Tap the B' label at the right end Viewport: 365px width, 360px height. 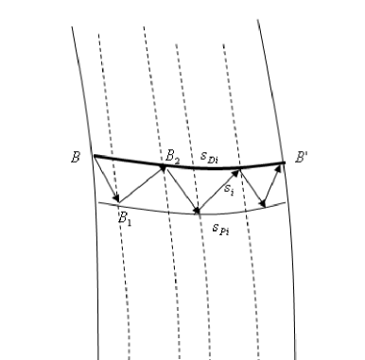(301, 157)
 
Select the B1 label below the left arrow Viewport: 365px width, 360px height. (124, 216)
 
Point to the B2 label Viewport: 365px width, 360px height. (173, 154)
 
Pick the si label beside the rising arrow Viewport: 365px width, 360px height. (229, 189)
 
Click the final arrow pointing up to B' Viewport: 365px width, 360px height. (274, 182)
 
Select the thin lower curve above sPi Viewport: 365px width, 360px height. (151, 208)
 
